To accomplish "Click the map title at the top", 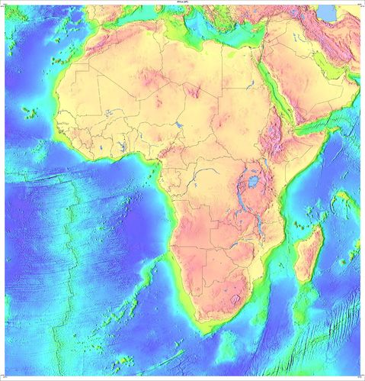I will [182, 3].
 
